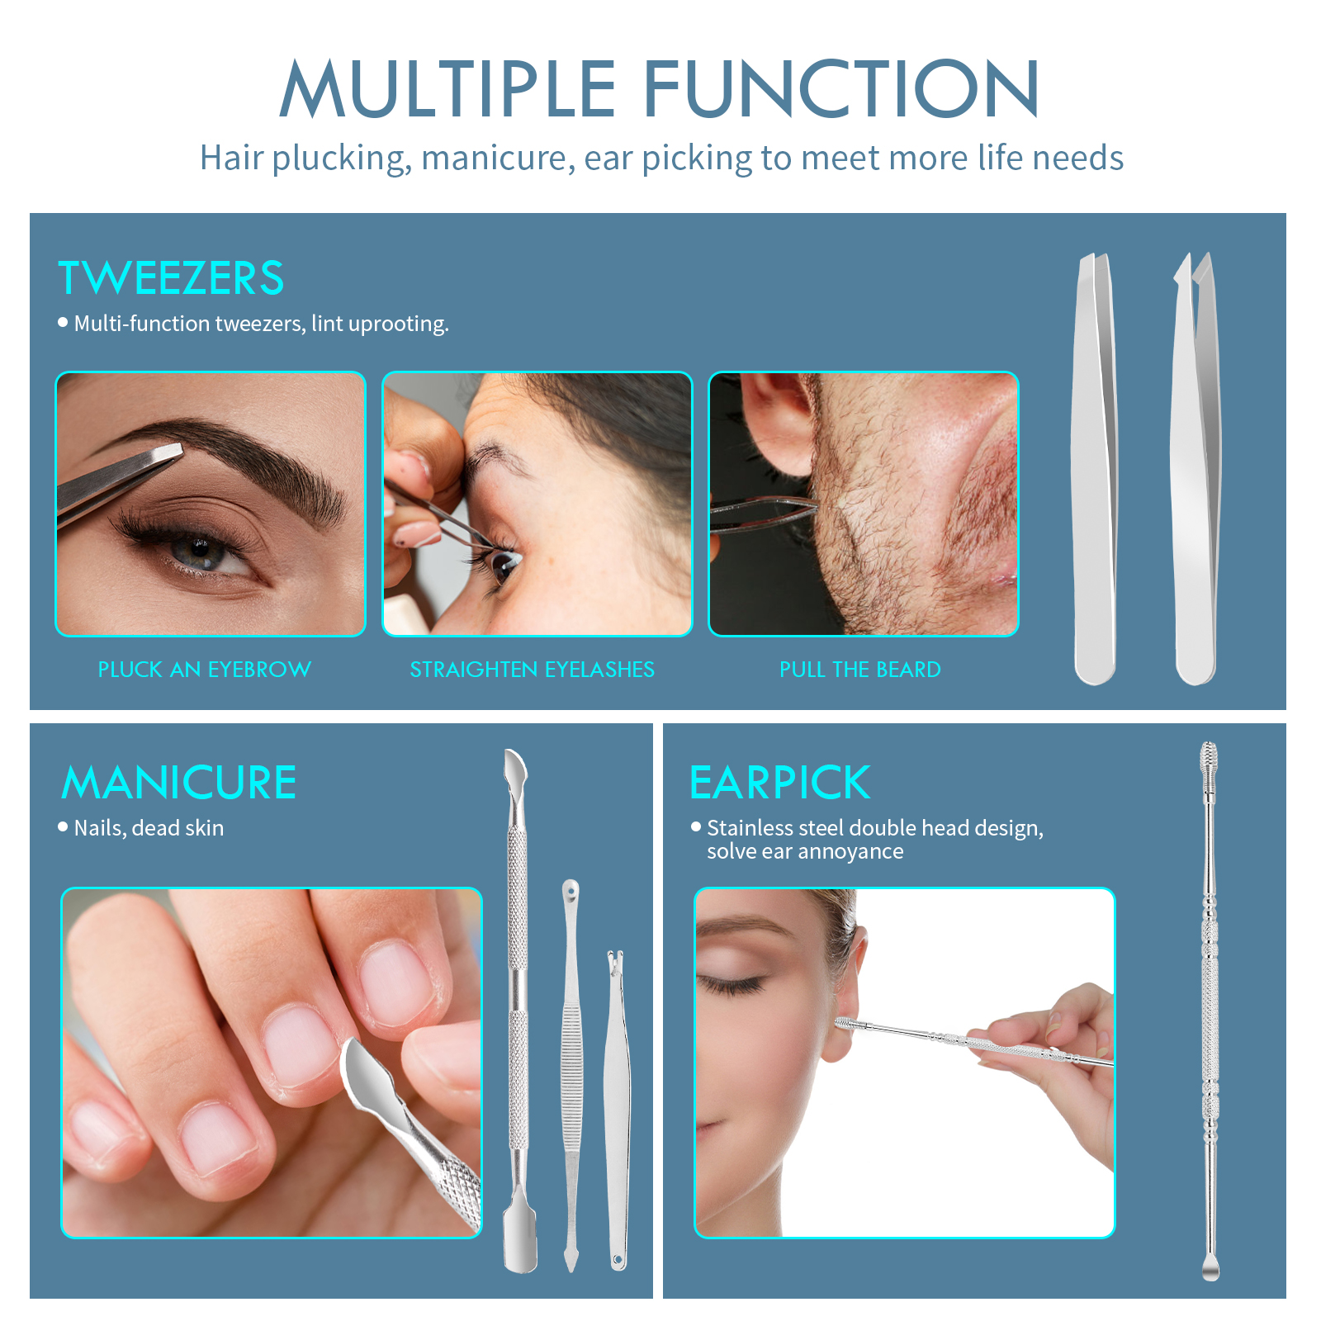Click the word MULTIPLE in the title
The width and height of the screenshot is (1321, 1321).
coord(447,89)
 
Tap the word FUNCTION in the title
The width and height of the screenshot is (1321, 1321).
coord(840,89)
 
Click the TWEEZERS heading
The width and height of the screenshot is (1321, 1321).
coord(171,278)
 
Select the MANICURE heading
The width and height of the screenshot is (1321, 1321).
coord(179,783)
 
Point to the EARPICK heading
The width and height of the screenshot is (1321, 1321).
coord(779,783)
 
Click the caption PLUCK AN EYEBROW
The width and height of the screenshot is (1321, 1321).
coord(204,670)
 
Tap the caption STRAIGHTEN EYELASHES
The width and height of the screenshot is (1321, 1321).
coord(532,670)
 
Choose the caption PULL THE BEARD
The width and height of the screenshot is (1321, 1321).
coord(859,670)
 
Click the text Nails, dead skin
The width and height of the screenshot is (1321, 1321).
coord(149,828)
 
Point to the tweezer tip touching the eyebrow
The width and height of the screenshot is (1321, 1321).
coord(169,453)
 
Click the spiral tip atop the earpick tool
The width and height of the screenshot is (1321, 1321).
coord(1208,758)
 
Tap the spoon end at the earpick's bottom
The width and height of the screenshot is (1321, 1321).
coord(1210,1267)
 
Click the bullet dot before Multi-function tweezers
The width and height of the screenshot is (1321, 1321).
coord(63,323)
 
